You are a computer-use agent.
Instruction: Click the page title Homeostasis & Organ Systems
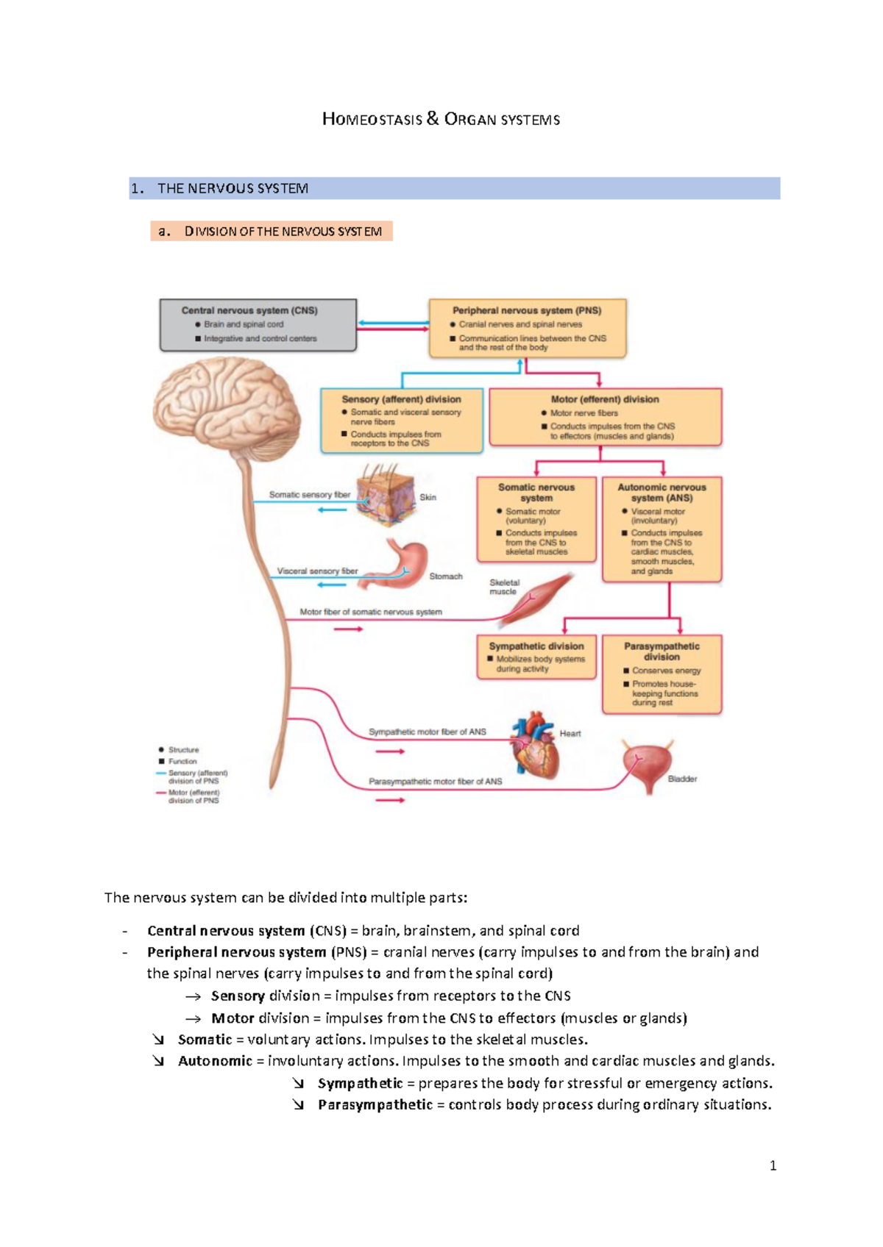[441, 119]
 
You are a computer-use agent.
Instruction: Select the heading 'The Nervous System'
[233, 188]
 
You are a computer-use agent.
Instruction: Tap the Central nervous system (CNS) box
[258, 324]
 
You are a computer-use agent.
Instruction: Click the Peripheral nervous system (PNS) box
[527, 328]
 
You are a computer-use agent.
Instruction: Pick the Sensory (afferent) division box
[402, 421]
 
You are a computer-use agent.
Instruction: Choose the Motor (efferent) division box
[605, 417]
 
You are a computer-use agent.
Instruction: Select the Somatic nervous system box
[536, 519]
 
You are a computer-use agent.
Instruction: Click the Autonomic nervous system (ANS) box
[662, 529]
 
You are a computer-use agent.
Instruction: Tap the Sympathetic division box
[536, 657]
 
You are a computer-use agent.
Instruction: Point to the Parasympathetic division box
[662, 673]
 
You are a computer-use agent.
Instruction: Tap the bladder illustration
[646, 765]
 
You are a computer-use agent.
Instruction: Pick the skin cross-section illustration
[386, 496]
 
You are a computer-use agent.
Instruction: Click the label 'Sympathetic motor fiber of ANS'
[427, 732]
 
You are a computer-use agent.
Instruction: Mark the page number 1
[773, 1165]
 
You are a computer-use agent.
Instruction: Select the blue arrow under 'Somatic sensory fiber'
[333, 510]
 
